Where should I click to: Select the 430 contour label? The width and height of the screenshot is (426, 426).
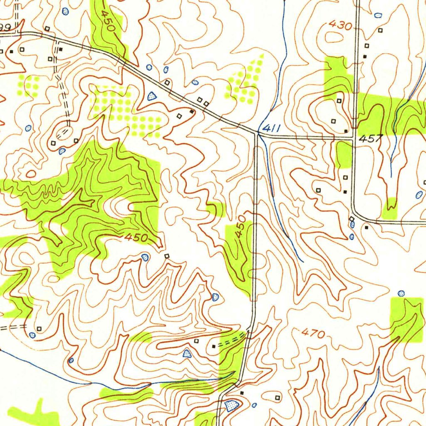340,25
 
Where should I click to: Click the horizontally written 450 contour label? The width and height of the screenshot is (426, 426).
136,238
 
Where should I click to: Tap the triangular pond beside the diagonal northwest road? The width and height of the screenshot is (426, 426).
152,97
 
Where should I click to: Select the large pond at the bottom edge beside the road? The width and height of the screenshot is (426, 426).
231,404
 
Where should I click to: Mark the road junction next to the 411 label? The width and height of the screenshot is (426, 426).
256,134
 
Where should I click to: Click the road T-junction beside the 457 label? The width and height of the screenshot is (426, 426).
353,138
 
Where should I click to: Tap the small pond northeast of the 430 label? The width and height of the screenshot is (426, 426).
378,15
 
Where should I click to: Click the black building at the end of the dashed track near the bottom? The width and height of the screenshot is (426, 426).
214,346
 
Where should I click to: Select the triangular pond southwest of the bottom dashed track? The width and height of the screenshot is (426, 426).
187,354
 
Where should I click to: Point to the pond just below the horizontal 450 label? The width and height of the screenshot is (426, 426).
145,257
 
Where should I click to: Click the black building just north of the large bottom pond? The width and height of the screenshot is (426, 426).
242,392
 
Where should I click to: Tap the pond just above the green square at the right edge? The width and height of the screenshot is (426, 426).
401,293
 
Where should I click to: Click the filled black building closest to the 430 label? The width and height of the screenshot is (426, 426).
365,56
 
